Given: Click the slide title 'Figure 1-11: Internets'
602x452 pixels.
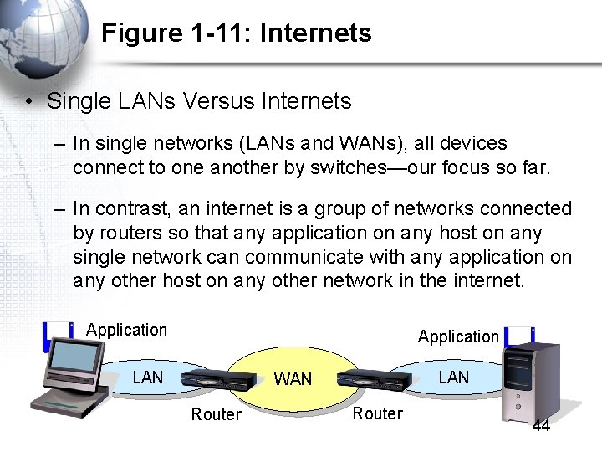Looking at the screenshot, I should [236, 33].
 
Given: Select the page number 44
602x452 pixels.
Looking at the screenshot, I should [541, 426].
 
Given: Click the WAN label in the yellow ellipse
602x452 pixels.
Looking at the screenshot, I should [293, 379].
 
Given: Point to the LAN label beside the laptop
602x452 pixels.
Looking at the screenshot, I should [148, 378].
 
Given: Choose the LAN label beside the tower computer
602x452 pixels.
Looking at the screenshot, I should [454, 378].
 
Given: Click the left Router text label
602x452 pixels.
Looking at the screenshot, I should [216, 414].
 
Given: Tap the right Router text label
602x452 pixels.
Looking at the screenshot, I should [377, 413].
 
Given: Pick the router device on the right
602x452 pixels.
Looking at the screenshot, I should [374, 381].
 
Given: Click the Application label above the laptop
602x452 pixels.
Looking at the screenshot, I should [126, 330].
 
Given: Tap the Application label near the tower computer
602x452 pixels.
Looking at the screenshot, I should [458, 336].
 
